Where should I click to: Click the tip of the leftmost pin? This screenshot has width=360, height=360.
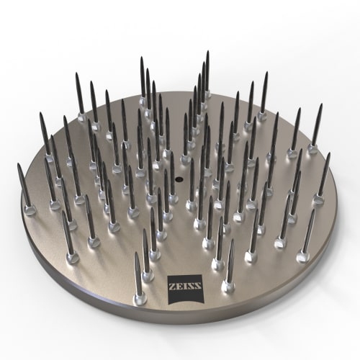[x=19, y=165]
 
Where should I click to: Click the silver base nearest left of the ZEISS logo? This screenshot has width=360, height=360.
[x=140, y=297]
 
